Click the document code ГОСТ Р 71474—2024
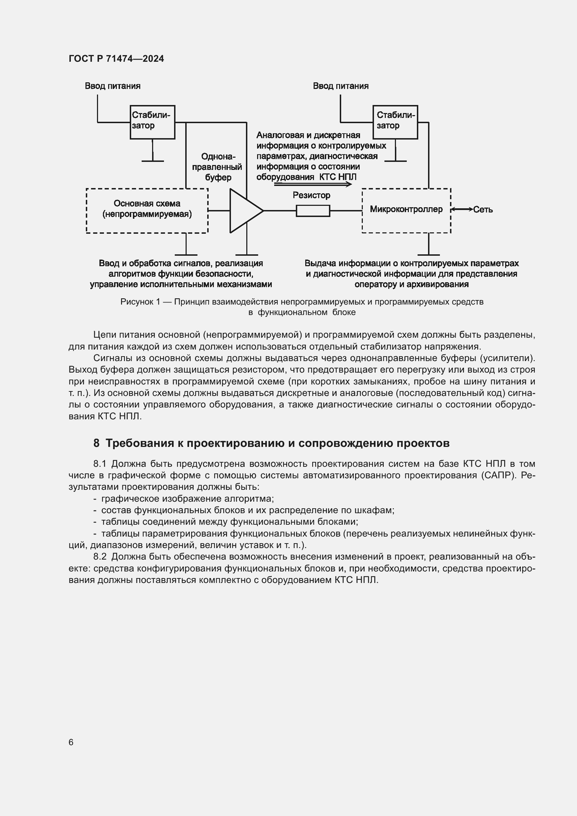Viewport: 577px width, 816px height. [x=116, y=59]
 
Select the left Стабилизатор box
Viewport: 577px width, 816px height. [x=152, y=122]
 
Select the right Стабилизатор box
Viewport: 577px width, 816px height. [x=395, y=122]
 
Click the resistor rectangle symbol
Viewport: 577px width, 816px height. [x=313, y=211]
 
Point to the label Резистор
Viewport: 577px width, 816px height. [x=311, y=195]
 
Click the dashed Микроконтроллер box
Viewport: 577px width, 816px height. [x=406, y=210]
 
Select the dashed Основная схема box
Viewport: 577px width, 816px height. [x=147, y=210]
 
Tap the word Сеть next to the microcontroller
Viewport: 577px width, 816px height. [x=483, y=210]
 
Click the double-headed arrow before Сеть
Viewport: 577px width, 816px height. [x=462, y=210]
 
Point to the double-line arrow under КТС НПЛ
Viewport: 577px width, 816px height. [x=313, y=185]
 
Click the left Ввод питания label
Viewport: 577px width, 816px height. [x=113, y=86]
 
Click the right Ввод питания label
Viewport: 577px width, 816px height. [x=341, y=86]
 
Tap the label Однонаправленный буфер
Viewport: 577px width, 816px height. [x=217, y=167]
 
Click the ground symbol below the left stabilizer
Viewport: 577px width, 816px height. [x=153, y=161]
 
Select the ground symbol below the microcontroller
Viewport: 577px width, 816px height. [x=428, y=254]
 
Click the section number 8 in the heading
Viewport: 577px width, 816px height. [x=96, y=443]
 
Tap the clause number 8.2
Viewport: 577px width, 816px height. [x=100, y=556]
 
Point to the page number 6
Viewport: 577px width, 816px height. [x=71, y=742]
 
